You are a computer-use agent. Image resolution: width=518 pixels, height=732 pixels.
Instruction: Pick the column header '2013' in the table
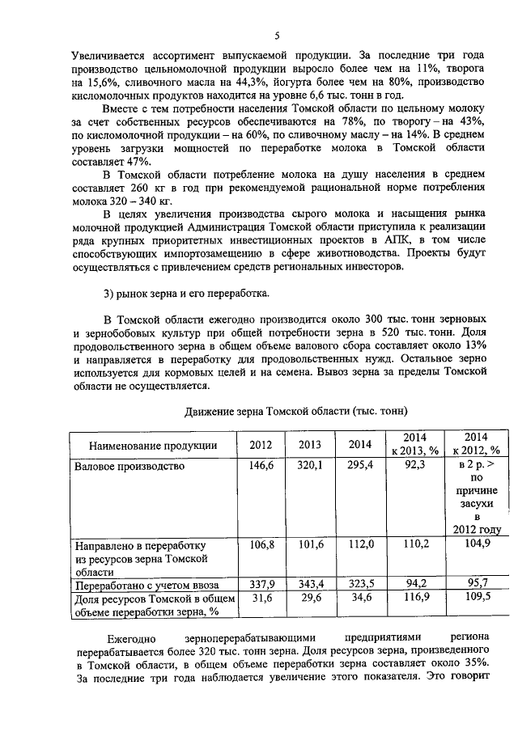coord(310,444)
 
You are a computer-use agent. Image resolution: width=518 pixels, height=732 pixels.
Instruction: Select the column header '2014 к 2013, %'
coord(414,444)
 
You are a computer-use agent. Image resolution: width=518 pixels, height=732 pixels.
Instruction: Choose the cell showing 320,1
coord(310,467)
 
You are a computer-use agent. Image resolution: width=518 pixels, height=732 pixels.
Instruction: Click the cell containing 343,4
coord(310,583)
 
